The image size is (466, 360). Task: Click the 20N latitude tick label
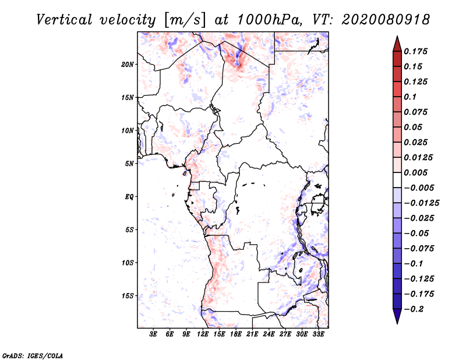coord(128,64)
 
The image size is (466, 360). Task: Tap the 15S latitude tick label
coord(128,296)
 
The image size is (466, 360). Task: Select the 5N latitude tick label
coord(129,164)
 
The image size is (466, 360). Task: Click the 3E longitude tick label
coord(153,334)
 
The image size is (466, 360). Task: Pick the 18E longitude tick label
coord(235,334)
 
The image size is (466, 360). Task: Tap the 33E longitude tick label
coord(319,334)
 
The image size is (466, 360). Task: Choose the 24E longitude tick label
coord(269,334)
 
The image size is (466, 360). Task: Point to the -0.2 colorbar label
coord(416,309)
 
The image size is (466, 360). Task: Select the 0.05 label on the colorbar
coord(414,127)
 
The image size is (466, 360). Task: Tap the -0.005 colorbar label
coord(419,188)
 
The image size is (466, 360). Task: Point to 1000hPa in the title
coord(267,19)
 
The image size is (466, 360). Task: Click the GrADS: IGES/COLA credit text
coord(32,355)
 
